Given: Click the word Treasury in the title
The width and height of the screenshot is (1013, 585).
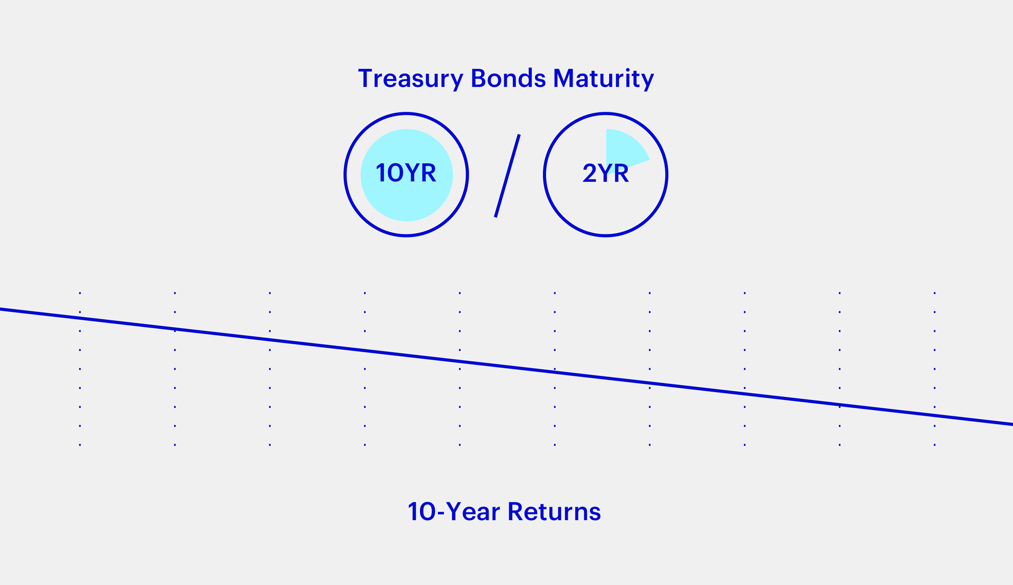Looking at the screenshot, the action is [x=411, y=79].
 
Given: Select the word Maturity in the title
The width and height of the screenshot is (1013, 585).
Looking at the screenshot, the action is [x=604, y=79].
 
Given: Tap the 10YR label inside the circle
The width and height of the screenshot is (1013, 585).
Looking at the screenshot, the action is [x=406, y=172].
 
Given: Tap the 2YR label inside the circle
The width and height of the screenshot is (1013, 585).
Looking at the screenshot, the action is [x=606, y=172].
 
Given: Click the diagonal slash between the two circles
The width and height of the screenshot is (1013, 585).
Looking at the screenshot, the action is [x=507, y=176].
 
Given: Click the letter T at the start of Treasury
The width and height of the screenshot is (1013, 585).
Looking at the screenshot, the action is [x=365, y=78].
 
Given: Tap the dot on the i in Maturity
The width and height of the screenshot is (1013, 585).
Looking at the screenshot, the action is [x=627, y=70].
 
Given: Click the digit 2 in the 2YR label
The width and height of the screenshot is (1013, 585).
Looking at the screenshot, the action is [x=589, y=172].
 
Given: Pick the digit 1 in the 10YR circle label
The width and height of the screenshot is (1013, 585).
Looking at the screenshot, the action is [x=381, y=172].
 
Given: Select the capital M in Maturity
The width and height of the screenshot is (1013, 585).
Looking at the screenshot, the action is [x=563, y=78].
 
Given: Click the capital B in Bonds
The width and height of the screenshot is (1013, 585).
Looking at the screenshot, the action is [x=478, y=78].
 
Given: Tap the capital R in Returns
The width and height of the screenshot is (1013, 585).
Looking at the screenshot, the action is [x=515, y=511].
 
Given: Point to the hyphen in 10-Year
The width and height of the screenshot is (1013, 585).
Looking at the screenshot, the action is [x=441, y=513].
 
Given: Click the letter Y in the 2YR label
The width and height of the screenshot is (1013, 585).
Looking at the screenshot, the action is [x=605, y=172].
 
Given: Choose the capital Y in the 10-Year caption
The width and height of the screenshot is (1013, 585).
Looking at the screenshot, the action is [x=454, y=511].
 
